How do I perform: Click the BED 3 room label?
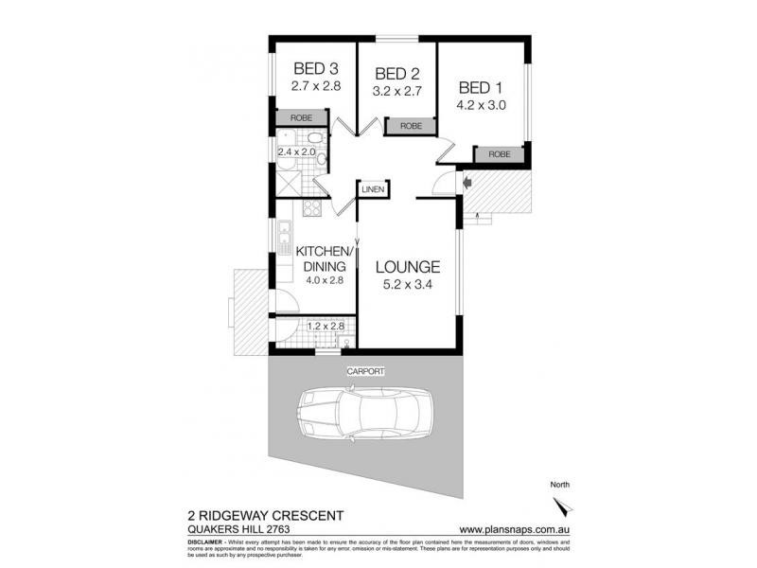click(x=315, y=68)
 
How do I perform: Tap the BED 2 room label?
click(x=397, y=74)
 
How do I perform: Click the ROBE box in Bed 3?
click(x=301, y=117)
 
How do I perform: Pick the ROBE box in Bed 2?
click(x=409, y=125)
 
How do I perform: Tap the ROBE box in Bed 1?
click(x=499, y=153)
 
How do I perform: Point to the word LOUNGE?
click(x=408, y=266)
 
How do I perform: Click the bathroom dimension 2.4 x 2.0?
click(x=295, y=151)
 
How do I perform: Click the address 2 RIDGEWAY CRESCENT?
click(x=253, y=516)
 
